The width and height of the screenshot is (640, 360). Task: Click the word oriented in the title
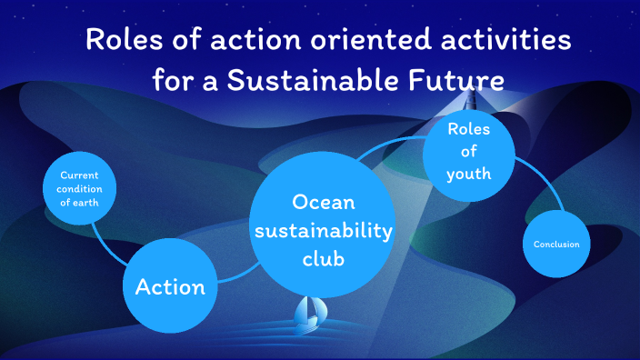pyautogui.click(x=348, y=41)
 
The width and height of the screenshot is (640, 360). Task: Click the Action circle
pyautogui.click(x=170, y=287)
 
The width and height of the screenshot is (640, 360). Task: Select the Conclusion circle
pyautogui.click(x=556, y=245)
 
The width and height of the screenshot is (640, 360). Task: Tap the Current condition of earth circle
pyautogui.click(x=80, y=189)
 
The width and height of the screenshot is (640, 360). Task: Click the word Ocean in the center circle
pyautogui.click(x=323, y=202)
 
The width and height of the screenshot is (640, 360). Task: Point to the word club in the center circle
pyautogui.click(x=323, y=260)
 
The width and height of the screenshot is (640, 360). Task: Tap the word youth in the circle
pyautogui.click(x=469, y=173)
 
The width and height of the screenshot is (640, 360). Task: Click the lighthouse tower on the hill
pyautogui.click(x=473, y=92)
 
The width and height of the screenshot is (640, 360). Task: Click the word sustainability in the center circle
pyautogui.click(x=323, y=231)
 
